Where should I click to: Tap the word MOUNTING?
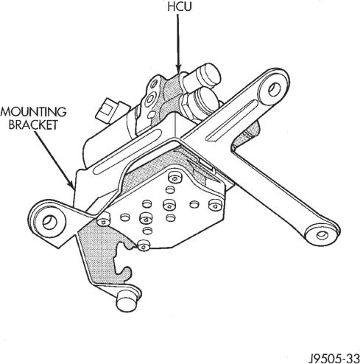tap(34, 112)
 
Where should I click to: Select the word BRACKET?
tap(33, 125)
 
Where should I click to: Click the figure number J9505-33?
tap(334, 359)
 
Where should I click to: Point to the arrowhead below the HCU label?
tap(178, 69)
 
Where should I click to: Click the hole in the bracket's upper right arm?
tap(275, 89)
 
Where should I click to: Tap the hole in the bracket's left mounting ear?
tap(50, 222)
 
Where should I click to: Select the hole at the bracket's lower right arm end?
tap(322, 236)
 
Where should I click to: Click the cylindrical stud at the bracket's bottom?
tap(127, 301)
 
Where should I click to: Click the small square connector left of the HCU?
tap(106, 108)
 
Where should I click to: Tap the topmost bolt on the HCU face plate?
tap(174, 178)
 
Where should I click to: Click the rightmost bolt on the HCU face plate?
tap(215, 205)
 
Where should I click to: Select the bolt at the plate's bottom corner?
tap(144, 246)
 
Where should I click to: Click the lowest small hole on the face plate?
tap(147, 231)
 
